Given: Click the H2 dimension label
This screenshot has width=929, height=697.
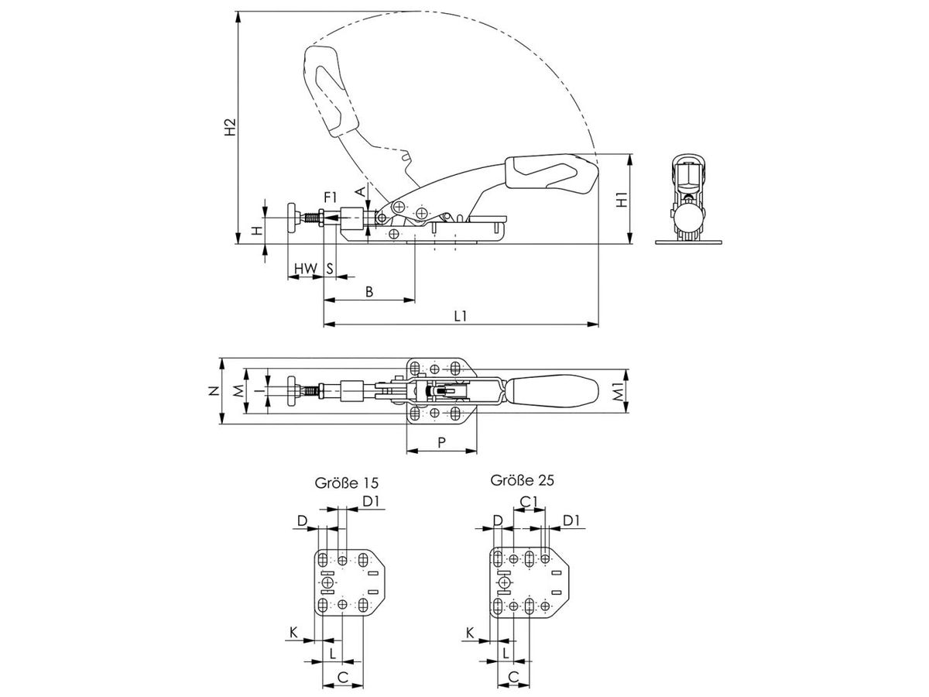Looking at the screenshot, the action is tap(230, 127).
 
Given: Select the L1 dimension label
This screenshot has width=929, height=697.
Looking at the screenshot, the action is tap(461, 316).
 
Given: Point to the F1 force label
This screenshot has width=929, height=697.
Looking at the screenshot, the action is tap(330, 197).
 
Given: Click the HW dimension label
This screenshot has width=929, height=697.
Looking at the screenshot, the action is tap(306, 268).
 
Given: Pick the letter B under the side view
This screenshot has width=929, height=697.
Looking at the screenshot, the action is tap(369, 292).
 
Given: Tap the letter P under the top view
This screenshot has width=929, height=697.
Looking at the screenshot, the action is tap(441, 443).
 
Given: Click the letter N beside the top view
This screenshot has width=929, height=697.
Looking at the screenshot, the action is tap(214, 390).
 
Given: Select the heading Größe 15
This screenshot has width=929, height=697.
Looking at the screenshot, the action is tap(347, 482).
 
